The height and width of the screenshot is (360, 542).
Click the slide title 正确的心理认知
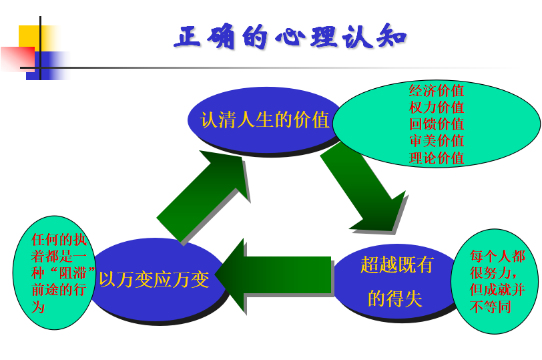290,36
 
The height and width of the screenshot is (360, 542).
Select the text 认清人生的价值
265,120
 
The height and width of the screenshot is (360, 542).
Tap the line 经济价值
437,91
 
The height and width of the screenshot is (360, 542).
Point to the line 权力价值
437,108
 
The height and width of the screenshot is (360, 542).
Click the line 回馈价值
437,124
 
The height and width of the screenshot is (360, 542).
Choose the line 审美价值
437,141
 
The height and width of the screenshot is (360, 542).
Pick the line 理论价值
437,158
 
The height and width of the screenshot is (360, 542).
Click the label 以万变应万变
154,279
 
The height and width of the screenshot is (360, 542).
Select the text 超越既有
396,264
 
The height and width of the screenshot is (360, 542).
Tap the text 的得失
395,298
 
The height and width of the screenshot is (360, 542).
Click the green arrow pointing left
273,275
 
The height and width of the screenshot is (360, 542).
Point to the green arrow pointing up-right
203,196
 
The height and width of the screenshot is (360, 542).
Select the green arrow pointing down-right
363,187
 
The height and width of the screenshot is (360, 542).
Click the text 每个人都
498,256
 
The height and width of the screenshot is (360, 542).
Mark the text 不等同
491,307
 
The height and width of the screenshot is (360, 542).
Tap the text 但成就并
498,289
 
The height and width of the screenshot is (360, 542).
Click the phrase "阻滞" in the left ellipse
73,273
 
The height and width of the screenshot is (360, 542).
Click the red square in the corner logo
18,59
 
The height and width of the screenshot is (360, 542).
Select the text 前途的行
59,289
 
